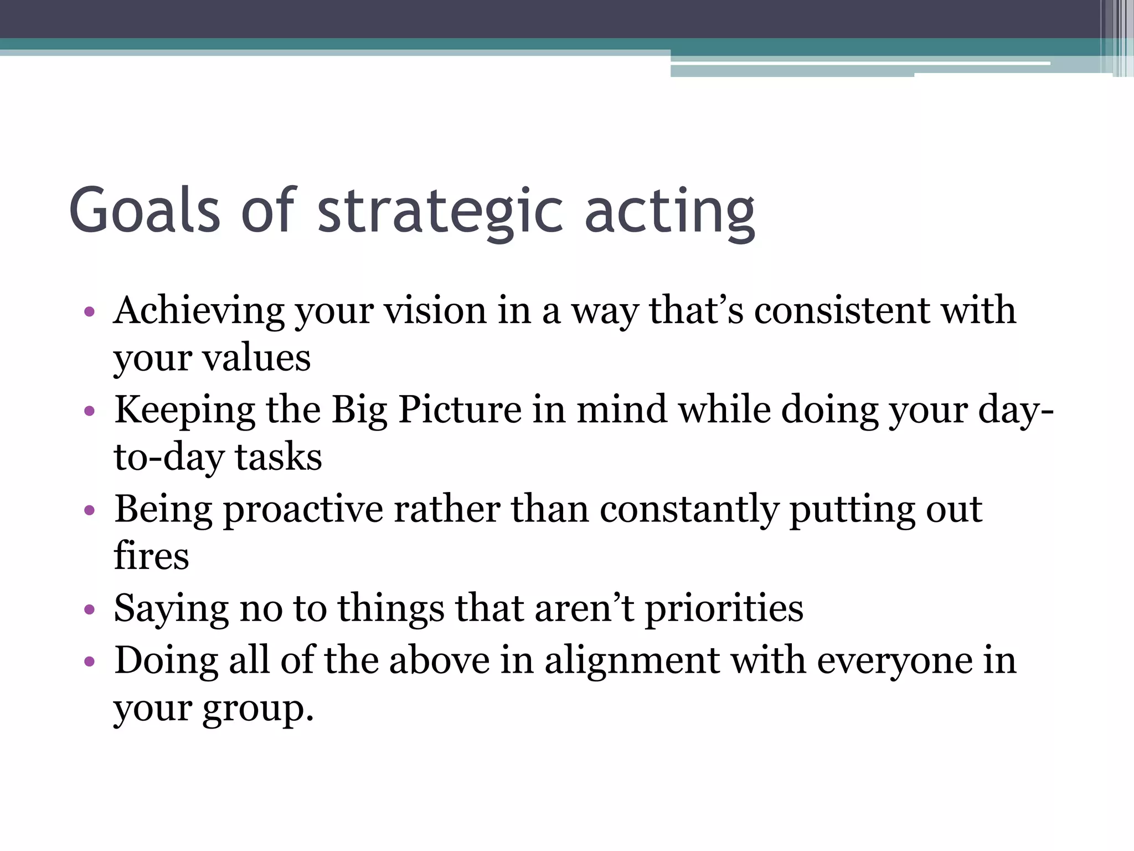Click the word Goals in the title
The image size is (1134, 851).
145,211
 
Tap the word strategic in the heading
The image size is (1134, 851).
441,213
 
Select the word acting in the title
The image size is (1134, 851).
669,213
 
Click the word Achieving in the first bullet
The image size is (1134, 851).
199,311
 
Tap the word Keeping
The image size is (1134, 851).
184,411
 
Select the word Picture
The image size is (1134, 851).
460,411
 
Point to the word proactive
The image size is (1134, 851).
303,510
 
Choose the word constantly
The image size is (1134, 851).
689,510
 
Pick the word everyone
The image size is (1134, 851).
895,662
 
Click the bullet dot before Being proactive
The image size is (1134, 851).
90,510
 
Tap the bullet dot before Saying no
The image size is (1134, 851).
90,610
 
